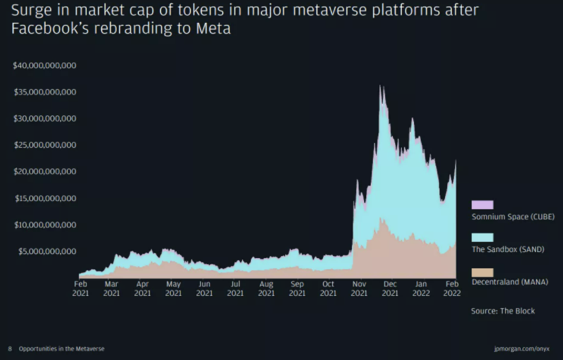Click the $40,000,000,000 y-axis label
click(x=45, y=65)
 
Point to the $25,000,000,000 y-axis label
click(x=45, y=145)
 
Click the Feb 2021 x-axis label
click(x=80, y=289)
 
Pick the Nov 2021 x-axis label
click(x=359, y=289)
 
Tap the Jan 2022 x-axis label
click(x=421, y=289)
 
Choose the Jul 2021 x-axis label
click(x=235, y=289)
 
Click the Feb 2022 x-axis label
click(x=452, y=289)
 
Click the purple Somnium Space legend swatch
click(x=482, y=204)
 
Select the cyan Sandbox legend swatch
click(x=482, y=238)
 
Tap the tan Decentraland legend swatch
click(x=482, y=272)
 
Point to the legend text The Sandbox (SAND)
click(x=507, y=249)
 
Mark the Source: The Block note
click(x=503, y=311)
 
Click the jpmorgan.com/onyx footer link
click(x=522, y=349)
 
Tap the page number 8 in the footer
click(x=10, y=349)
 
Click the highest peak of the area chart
click(x=381, y=86)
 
